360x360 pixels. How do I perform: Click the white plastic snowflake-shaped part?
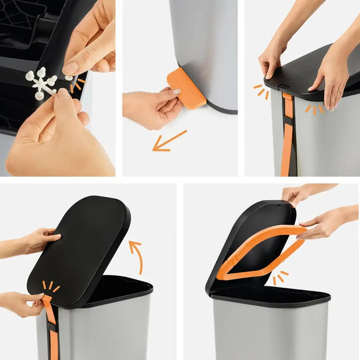click(x=41, y=83)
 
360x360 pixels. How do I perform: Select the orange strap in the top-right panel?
click(x=287, y=134)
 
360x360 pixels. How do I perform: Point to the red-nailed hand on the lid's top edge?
click(x=298, y=194)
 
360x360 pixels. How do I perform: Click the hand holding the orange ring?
click(x=324, y=224)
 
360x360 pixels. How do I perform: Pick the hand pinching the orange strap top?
click(x=23, y=303)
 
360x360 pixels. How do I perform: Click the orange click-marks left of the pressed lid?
click(x=259, y=90)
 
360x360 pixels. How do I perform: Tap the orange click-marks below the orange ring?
click(x=280, y=278)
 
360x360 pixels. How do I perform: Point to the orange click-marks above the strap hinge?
click(x=50, y=286)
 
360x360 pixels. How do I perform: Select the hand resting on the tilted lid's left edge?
click(x=39, y=239)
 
